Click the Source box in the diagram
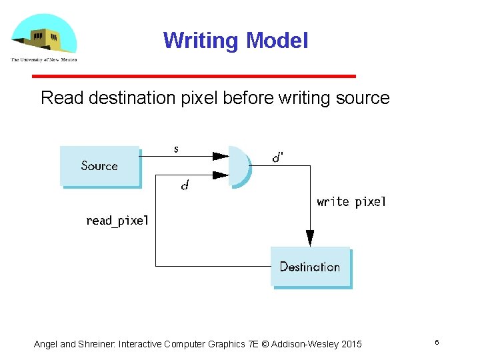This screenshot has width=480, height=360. [x=99, y=165]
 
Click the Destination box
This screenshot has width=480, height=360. [x=310, y=267]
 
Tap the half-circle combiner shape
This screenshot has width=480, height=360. [x=238, y=166]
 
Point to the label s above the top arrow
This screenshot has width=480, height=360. [x=176, y=149]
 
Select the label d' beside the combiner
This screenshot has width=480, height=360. [x=278, y=158]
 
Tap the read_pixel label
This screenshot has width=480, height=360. [x=117, y=220]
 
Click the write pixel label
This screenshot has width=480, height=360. [x=351, y=201]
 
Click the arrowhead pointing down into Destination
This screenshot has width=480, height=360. [x=310, y=238]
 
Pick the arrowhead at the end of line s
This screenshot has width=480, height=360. [x=221, y=156]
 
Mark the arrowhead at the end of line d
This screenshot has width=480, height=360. [x=221, y=175]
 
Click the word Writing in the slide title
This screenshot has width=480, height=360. [x=201, y=41]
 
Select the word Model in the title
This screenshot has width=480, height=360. [x=277, y=41]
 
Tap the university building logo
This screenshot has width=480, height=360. [x=43, y=37]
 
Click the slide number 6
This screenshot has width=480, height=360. [x=437, y=342]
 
